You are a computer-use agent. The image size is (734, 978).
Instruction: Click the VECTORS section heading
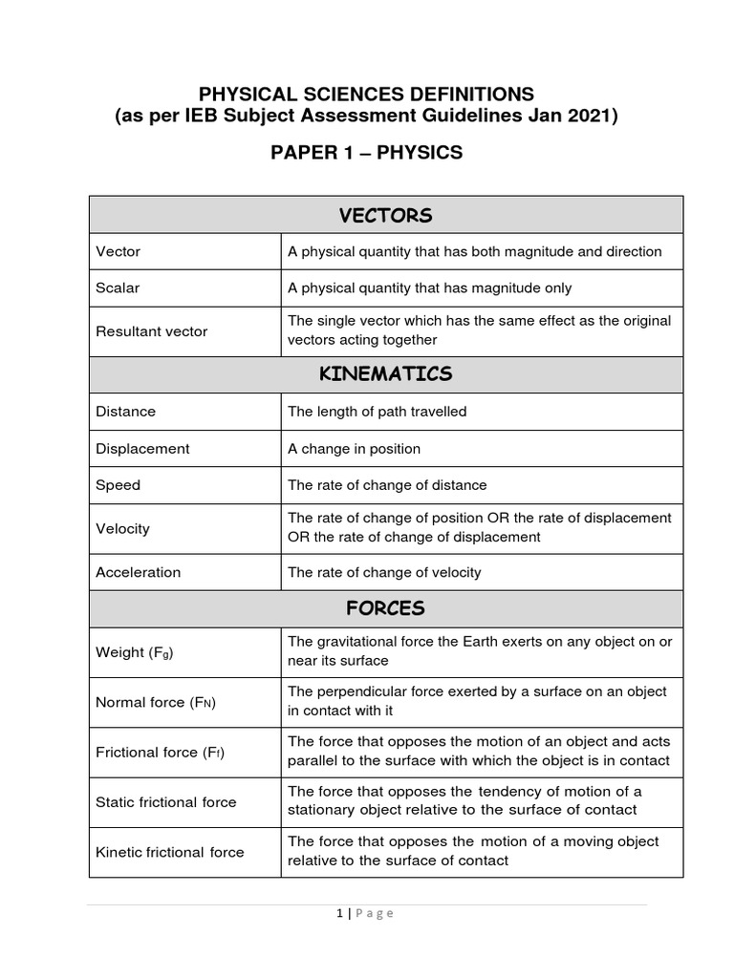(385, 215)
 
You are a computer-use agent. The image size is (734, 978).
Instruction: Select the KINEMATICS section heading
(385, 373)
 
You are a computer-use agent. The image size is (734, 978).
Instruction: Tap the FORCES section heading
(385, 608)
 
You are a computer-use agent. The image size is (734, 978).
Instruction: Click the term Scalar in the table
(118, 287)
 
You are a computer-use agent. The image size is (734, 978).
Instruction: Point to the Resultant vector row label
(151, 331)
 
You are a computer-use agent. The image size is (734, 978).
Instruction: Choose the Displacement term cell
(142, 449)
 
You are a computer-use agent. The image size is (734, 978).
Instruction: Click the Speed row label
(118, 485)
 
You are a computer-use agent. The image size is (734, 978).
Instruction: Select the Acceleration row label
(138, 572)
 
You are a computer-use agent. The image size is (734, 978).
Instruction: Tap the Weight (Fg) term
(135, 653)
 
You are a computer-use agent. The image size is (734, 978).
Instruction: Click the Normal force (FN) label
(156, 703)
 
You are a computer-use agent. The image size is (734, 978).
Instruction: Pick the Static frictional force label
(165, 802)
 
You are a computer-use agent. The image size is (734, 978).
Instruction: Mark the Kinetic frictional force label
(169, 852)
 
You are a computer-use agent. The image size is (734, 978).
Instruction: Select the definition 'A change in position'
(354, 449)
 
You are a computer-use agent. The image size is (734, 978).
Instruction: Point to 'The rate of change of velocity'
(384, 572)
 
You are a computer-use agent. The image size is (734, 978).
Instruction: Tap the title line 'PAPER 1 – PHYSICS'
(367, 153)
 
